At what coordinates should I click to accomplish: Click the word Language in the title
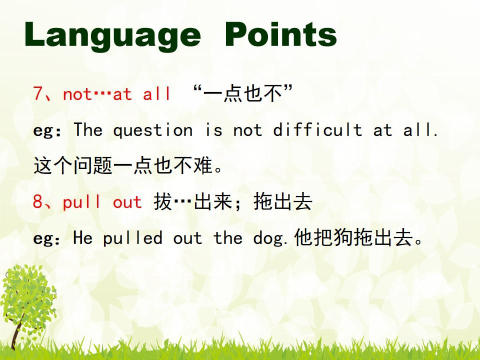click(112, 36)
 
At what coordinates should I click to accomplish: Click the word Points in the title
click(280, 34)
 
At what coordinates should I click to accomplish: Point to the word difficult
click(317, 129)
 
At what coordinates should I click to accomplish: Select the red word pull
click(81, 202)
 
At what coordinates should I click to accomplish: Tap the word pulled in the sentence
click(132, 238)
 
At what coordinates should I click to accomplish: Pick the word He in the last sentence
click(82, 237)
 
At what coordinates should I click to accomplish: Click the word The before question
click(88, 129)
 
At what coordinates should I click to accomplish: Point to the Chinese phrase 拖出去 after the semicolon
click(283, 201)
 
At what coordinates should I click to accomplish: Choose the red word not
click(77, 94)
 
